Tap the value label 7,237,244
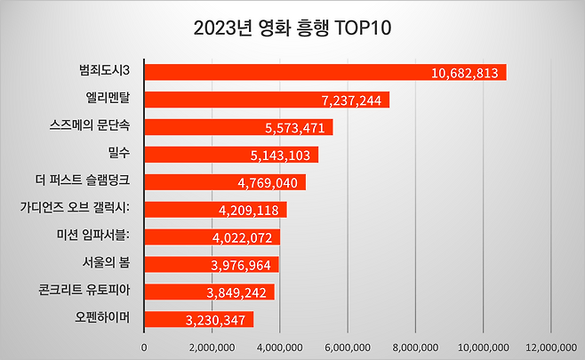point(349,100)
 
